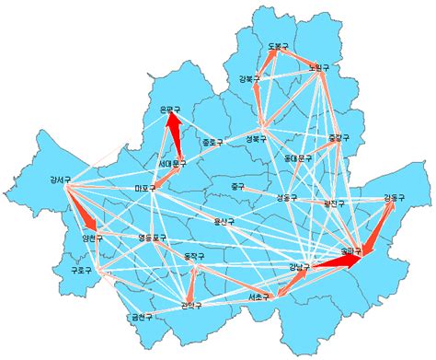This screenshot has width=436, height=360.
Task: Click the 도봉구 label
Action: tap(279, 45)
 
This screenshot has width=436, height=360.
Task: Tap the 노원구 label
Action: tap(319, 67)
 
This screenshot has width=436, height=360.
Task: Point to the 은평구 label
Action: tap(171, 110)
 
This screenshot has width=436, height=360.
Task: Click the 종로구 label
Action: tap(212, 143)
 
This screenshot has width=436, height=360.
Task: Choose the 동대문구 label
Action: tap(298, 158)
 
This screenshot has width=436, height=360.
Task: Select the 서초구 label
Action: tap(259, 298)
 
